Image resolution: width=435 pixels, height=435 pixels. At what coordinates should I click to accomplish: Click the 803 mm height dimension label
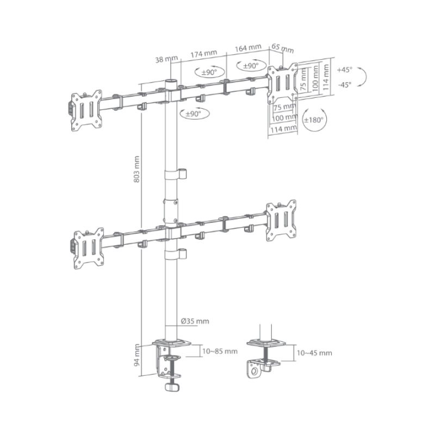pos(136,169)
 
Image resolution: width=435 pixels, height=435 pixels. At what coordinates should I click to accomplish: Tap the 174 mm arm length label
pos(203,53)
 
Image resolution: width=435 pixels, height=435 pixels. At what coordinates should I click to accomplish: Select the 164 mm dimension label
pos(248,48)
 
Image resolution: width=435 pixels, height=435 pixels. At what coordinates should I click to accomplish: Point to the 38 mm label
pos(166,59)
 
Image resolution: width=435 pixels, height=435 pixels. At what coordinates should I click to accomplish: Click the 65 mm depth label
pos(282,48)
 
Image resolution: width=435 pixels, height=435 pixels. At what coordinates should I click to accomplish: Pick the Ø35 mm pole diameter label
pos(195,321)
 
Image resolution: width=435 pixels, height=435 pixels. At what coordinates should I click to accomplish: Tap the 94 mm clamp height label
pos(137,355)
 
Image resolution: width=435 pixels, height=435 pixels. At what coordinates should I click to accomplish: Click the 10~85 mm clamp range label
pos(220,351)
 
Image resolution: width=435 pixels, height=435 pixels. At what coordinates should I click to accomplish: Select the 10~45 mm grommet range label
pos(314,353)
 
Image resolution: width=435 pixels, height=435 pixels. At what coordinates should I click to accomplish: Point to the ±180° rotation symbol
pos(314,120)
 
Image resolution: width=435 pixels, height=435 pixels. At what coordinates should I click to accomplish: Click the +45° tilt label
pos(344,70)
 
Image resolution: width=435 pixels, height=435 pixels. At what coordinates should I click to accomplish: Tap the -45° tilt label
pos(345,84)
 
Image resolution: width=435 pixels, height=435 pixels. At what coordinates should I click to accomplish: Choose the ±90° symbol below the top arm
pos(194,114)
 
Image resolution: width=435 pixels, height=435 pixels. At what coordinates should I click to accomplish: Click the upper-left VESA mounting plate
pos(86,110)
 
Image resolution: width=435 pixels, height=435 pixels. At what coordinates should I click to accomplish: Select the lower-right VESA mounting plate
pos(281,221)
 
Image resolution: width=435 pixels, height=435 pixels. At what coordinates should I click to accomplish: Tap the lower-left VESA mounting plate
pos(89,248)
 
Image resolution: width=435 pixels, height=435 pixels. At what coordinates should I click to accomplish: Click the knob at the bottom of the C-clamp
pos(172,387)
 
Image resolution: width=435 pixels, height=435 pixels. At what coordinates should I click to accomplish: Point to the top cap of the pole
pos(171,81)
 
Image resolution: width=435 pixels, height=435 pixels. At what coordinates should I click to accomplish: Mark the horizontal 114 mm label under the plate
pos(283,129)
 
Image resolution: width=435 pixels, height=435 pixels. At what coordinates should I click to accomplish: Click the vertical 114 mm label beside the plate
pos(325,77)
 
